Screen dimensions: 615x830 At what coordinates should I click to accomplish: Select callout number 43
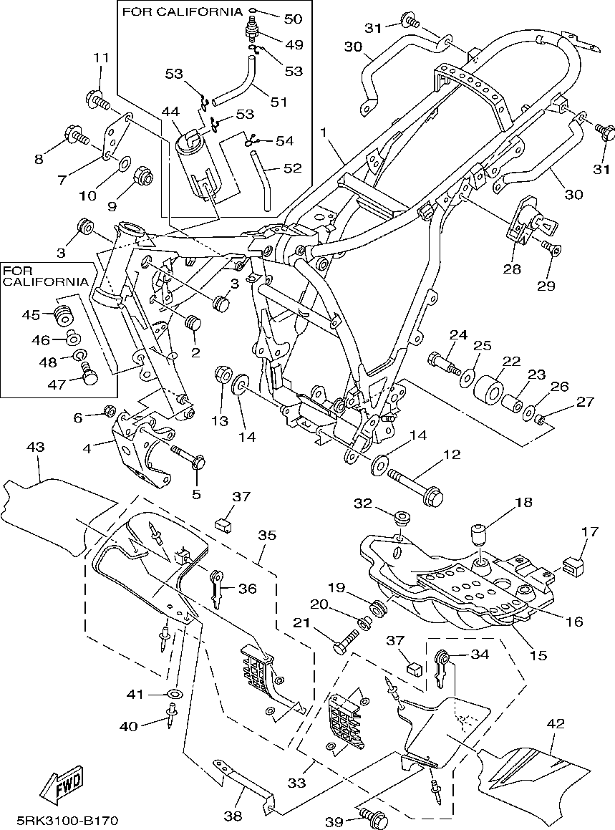36,448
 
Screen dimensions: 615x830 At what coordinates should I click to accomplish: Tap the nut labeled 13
223,377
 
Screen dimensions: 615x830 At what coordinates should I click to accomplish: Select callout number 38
233,816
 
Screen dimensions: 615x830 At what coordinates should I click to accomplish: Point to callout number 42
555,723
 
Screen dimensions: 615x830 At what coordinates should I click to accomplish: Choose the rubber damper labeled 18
479,536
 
